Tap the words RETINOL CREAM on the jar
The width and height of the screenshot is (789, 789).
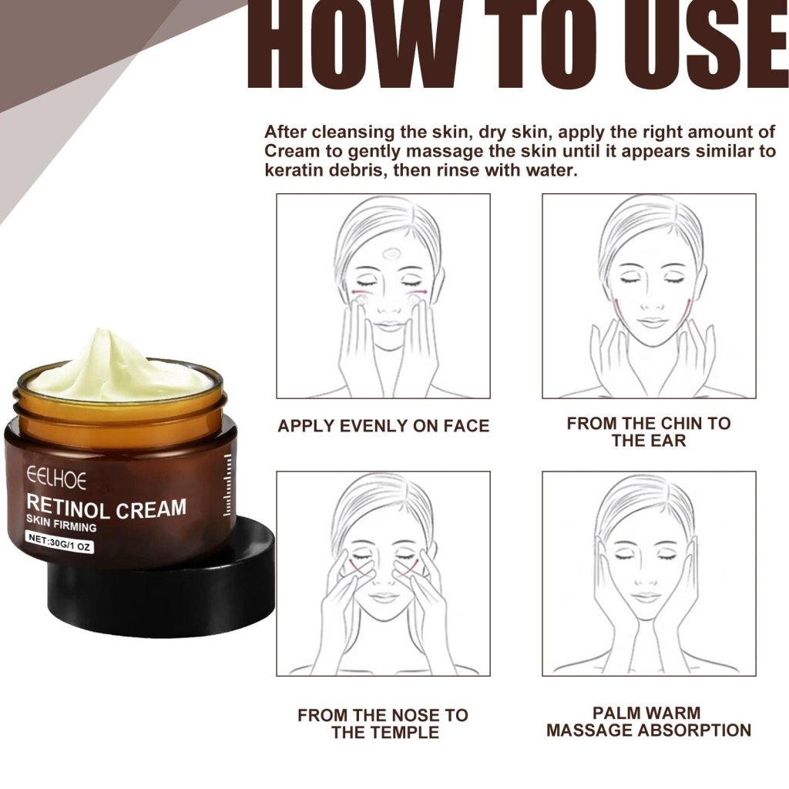pos(106,508)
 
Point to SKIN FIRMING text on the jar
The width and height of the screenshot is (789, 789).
pos(61,527)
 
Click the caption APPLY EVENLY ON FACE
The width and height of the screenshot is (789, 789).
pos(383,426)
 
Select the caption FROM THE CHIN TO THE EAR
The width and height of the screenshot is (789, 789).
pos(648,431)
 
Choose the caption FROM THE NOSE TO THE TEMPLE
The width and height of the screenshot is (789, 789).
pos(383,724)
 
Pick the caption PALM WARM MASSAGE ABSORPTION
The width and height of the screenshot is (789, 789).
pos(648,722)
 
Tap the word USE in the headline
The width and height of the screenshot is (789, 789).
pos(709,46)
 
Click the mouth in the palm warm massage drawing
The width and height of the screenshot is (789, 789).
pos(647,596)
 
